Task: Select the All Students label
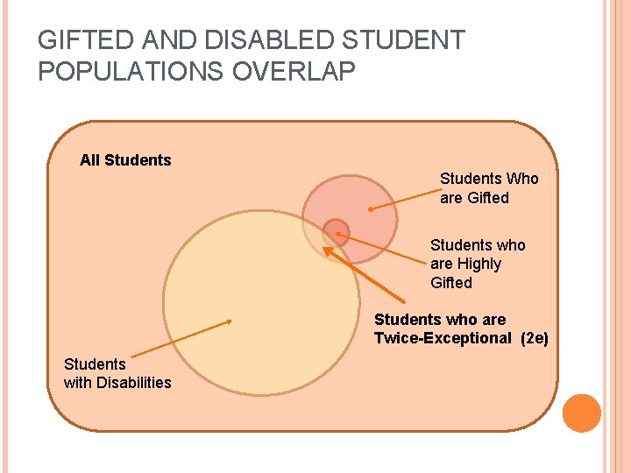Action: (125, 160)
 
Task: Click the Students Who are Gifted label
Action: (489, 188)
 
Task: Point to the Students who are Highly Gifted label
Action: (478, 264)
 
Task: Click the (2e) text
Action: (534, 338)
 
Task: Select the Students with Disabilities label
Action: (117, 373)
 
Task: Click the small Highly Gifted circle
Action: (336, 232)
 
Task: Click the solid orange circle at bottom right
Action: (582, 413)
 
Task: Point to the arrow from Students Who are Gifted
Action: (403, 201)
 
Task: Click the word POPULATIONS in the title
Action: (131, 72)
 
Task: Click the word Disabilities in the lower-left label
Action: (134, 383)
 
